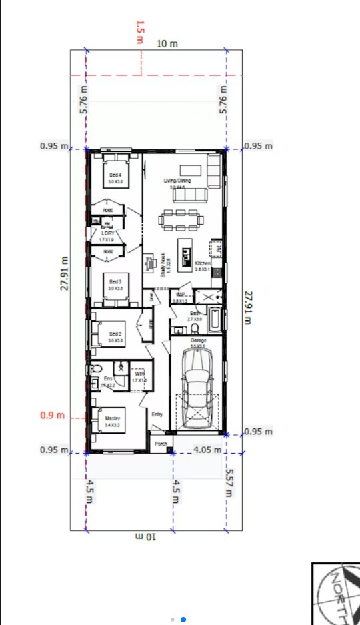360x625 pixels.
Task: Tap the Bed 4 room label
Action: pyautogui.click(x=115, y=175)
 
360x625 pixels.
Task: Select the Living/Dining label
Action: pyautogui.click(x=177, y=181)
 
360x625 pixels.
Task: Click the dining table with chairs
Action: pyautogui.click(x=179, y=219)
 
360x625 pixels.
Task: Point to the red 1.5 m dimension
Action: pyautogui.click(x=140, y=32)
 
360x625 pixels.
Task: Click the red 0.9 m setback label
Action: pyautogui.click(x=53, y=416)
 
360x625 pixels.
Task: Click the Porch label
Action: pyautogui.click(x=161, y=444)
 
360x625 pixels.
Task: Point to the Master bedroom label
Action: pyautogui.click(x=112, y=418)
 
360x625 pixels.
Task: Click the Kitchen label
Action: pyautogui.click(x=203, y=264)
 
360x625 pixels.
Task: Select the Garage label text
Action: pyautogui.click(x=198, y=340)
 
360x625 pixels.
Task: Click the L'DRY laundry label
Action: pyautogui.click(x=107, y=233)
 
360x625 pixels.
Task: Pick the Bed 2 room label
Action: pyautogui.click(x=115, y=334)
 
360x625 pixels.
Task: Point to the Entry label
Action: pyautogui.click(x=157, y=414)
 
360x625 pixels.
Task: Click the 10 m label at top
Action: pyautogui.click(x=167, y=43)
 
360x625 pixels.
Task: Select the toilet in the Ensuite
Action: pyautogui.click(x=96, y=369)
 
